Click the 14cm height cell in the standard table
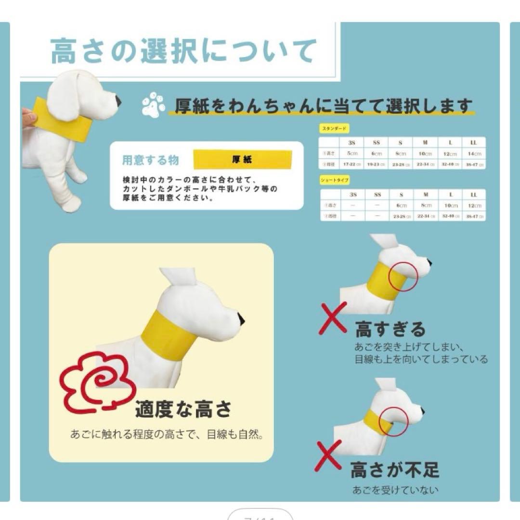(474, 154)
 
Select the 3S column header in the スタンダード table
(352, 143)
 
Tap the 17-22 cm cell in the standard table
(352, 165)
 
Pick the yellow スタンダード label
(334, 129)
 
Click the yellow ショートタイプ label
(335, 180)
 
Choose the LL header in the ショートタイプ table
(474, 195)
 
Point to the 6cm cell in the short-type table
(402, 206)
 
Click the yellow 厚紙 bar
(242, 159)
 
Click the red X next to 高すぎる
(333, 318)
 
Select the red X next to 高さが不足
(328, 456)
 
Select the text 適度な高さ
(183, 410)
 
